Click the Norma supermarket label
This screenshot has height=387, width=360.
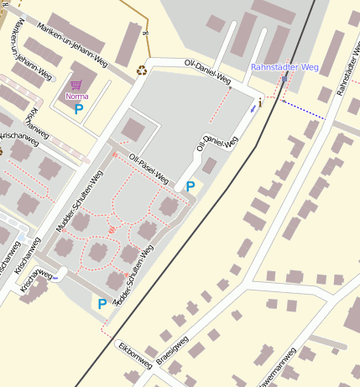pyautogui.click(x=76, y=97)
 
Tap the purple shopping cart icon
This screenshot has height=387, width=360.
pyautogui.click(x=76, y=86)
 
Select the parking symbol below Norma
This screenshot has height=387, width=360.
pyautogui.click(x=79, y=108)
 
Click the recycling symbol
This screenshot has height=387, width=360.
pyautogui.click(x=142, y=71)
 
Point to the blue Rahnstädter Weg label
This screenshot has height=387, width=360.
pyautogui.click(x=284, y=67)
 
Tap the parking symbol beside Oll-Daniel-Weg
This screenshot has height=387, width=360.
pyautogui.click(x=190, y=186)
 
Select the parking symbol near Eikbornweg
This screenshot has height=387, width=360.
pyautogui.click(x=102, y=304)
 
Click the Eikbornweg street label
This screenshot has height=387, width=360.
pyautogui.click(x=135, y=353)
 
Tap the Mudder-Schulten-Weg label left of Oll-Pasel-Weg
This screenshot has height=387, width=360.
pyautogui.click(x=79, y=201)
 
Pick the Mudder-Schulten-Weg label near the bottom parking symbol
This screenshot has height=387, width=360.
pyautogui.click(x=134, y=275)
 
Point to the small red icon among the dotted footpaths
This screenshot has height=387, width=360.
pyautogui.click(x=111, y=228)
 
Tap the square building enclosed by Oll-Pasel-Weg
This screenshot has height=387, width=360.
pyautogui.click(x=133, y=129)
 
